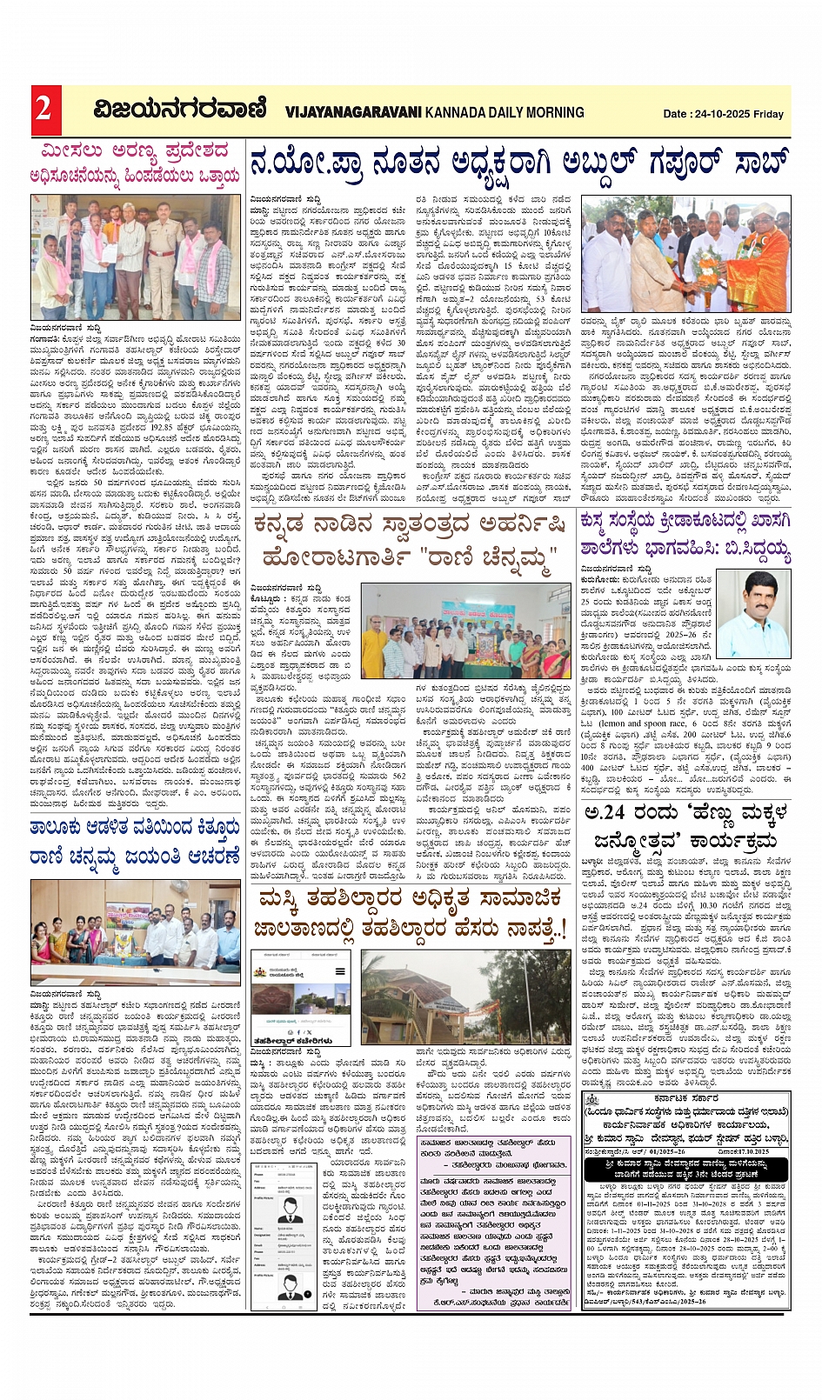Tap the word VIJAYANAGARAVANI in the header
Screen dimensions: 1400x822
coord(353,112)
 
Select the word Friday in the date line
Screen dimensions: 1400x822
coord(769,114)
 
